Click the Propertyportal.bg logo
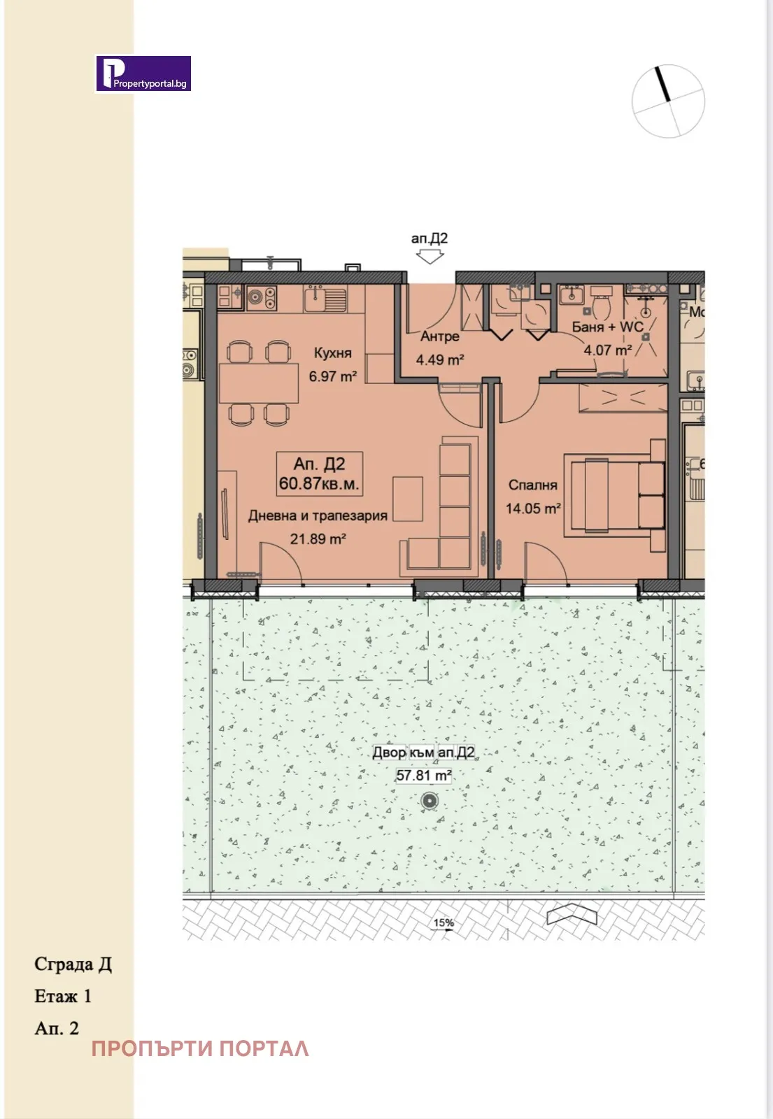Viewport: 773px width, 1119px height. coord(143,74)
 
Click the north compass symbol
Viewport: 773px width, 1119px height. coord(668,101)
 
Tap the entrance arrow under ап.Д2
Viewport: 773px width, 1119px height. coord(430,257)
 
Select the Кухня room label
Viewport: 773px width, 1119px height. coord(333,353)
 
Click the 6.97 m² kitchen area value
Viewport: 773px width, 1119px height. coord(333,376)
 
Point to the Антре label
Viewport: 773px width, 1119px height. coord(440,336)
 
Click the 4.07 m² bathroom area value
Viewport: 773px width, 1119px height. coord(608,350)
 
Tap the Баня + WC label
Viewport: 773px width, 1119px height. coord(607,327)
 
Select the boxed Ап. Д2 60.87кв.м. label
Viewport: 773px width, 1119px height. coord(320,473)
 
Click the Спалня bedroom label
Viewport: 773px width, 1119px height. coord(532,485)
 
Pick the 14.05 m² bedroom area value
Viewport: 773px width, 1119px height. coord(533,508)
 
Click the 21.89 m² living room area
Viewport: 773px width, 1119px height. coord(318,539)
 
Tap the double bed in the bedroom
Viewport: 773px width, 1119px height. coord(616,495)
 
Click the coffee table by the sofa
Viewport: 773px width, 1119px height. coord(407,498)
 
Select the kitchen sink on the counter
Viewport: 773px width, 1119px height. coord(325,299)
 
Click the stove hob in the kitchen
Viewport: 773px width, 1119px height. coord(261,299)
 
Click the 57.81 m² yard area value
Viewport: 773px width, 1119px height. coord(424,775)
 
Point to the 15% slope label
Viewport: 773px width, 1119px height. coord(444,922)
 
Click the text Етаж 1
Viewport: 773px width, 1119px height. coord(63,996)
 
